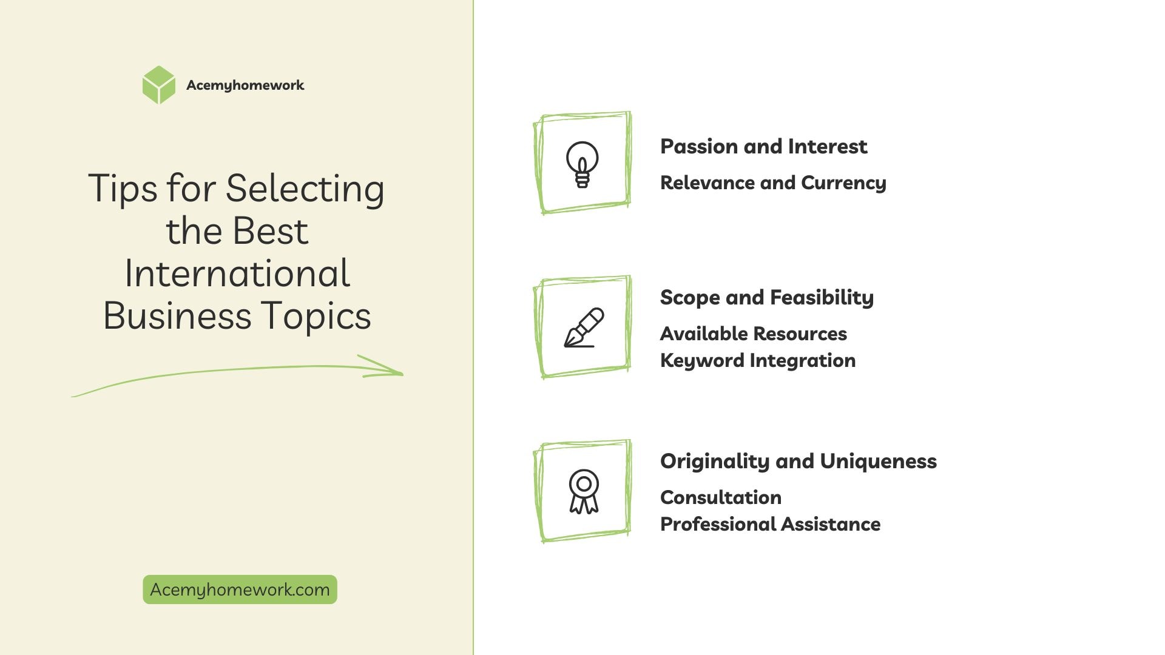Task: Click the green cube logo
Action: coord(158,85)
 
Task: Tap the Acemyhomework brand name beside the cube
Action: coord(245,86)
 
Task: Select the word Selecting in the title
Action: coord(305,189)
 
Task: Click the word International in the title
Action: coord(237,274)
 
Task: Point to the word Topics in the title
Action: coord(316,317)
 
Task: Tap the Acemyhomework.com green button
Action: coord(240,589)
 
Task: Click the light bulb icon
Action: coord(582,164)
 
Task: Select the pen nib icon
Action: coord(584,327)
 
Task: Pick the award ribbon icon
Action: coord(584,491)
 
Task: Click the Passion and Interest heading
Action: coord(763,147)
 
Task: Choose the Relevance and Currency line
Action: coord(773,183)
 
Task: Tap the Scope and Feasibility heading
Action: coord(767,298)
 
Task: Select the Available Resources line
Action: coord(753,334)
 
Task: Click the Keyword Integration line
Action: coord(758,361)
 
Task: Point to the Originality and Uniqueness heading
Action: coord(799,462)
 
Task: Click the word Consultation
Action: coord(721,497)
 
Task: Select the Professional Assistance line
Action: coord(770,524)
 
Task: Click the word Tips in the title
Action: coord(123,189)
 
